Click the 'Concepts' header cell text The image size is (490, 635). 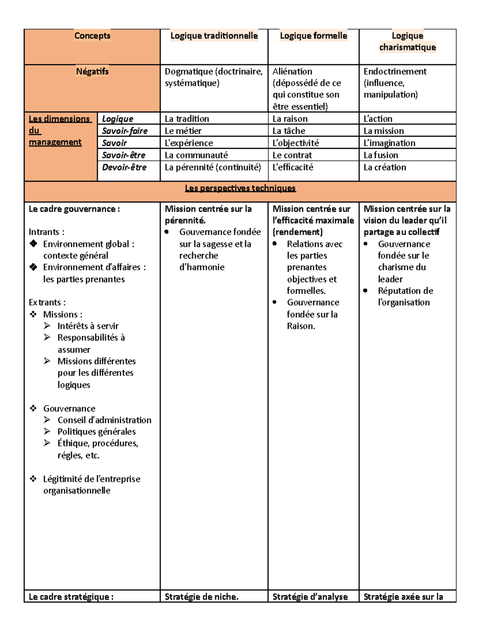(x=92, y=36)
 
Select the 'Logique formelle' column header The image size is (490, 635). (x=313, y=36)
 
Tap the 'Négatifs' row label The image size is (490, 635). (x=92, y=72)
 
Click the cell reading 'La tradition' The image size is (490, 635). (x=187, y=119)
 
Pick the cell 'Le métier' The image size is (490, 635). (x=183, y=131)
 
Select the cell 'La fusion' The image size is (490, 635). (x=381, y=155)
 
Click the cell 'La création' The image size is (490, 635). (x=385, y=167)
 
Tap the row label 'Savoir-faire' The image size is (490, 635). (x=125, y=131)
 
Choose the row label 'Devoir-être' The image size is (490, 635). (x=124, y=167)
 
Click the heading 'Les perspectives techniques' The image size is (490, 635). (x=240, y=188)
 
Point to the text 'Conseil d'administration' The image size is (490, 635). (x=104, y=420)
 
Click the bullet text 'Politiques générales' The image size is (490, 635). (x=96, y=432)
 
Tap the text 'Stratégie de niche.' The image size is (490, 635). (x=201, y=597)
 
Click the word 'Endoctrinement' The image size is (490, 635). (x=395, y=72)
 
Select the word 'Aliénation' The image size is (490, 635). (x=292, y=72)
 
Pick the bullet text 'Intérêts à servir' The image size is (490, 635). (x=88, y=326)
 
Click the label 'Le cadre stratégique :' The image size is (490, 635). (x=71, y=597)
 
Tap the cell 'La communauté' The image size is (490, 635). (x=196, y=155)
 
